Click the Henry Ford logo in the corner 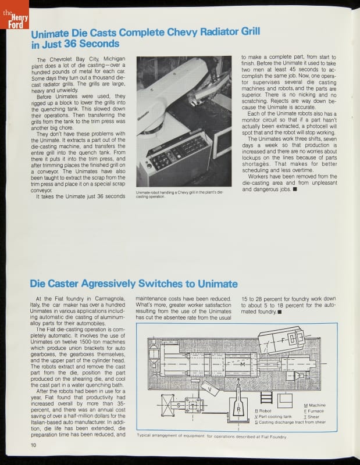click(x=11, y=18)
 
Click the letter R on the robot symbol click(x=238, y=409)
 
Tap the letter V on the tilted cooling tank click(x=209, y=390)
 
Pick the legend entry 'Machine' click(x=316, y=405)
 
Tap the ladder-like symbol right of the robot click(x=267, y=399)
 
